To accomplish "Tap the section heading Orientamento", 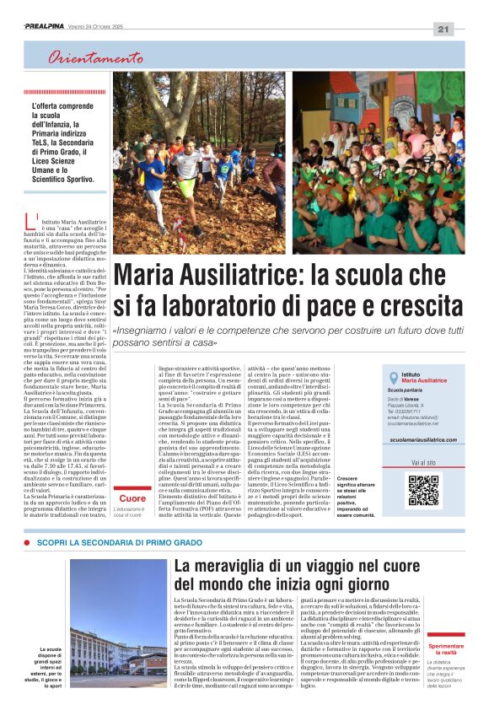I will point(95,58).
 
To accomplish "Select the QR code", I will point(423,491).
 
